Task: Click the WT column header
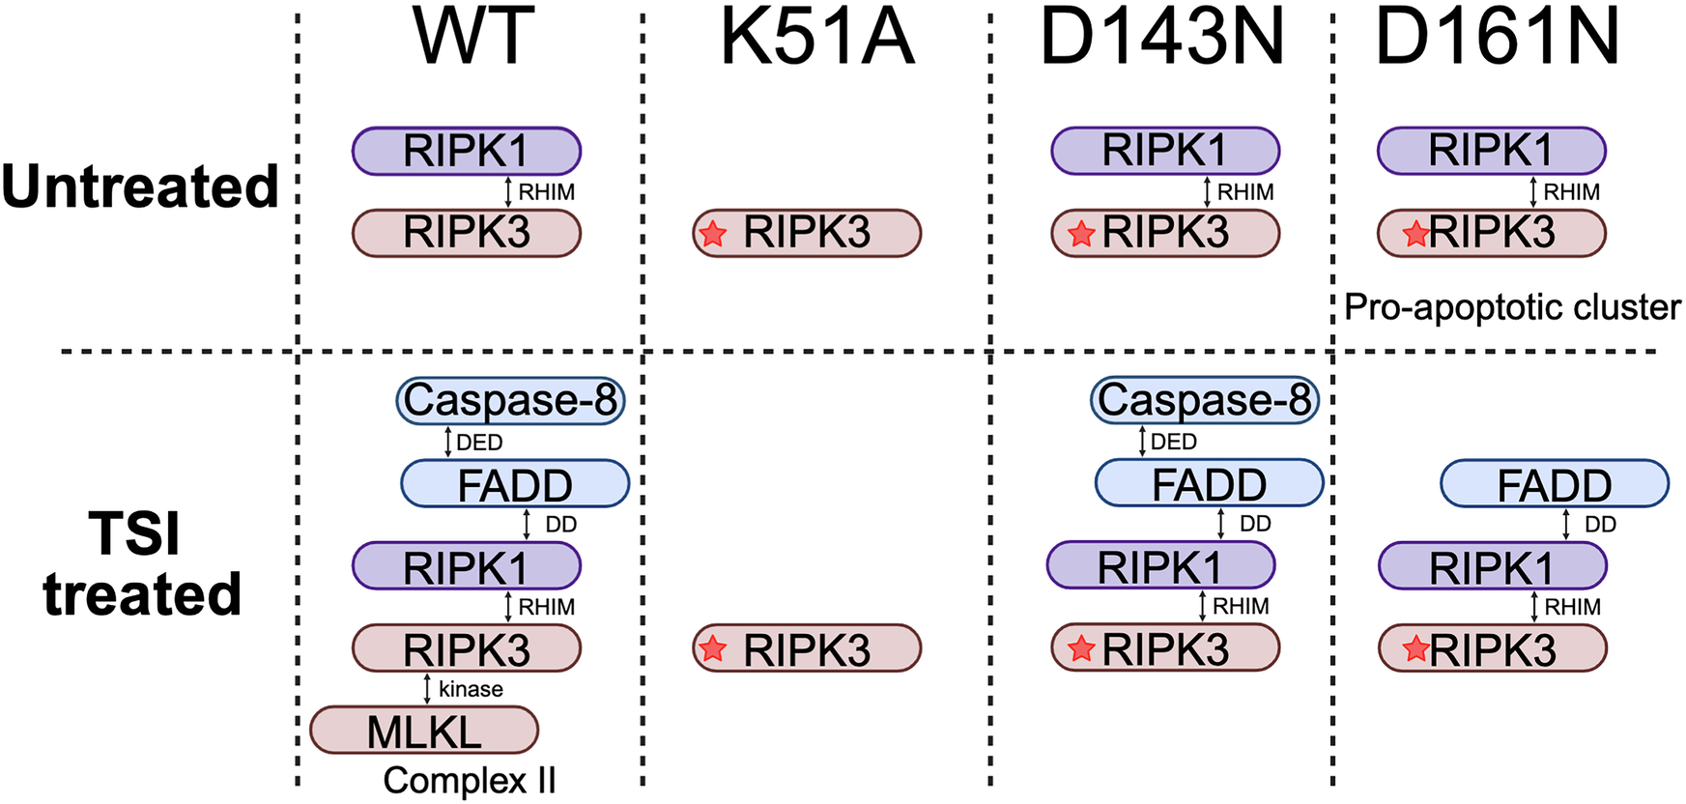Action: (472, 37)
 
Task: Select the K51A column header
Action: (816, 37)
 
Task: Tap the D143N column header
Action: (1162, 37)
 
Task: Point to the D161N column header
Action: (1497, 37)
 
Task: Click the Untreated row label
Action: (140, 187)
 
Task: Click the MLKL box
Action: (424, 731)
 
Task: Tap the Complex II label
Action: (470, 780)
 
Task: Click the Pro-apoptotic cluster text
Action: (1512, 307)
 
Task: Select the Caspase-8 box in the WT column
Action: (510, 400)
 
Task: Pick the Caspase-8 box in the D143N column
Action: (1205, 400)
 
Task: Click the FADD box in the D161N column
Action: (1554, 484)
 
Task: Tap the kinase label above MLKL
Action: (471, 689)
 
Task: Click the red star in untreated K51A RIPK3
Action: (713, 234)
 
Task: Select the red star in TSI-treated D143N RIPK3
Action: (1081, 649)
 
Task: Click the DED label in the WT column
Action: (479, 443)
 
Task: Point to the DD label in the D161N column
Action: (1600, 525)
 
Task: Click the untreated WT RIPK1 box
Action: (466, 151)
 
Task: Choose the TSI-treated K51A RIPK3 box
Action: (807, 648)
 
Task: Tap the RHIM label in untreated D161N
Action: (1571, 192)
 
